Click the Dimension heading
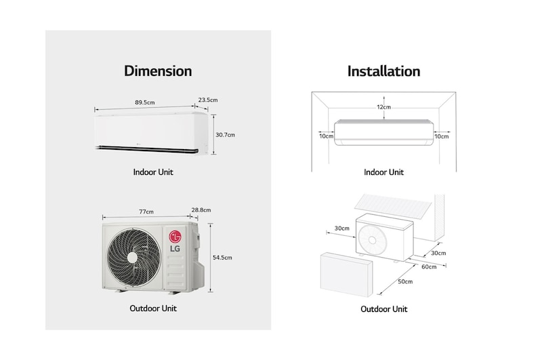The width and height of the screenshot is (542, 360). click(x=158, y=71)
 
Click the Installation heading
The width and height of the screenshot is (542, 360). click(x=383, y=71)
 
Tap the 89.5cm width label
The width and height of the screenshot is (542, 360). click(x=145, y=102)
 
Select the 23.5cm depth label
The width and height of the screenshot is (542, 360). click(x=208, y=100)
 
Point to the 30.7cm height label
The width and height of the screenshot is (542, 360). click(x=224, y=135)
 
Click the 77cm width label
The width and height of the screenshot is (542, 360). click(x=146, y=212)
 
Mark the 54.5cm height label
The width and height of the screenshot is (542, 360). click(x=222, y=258)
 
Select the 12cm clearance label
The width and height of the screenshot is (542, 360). click(x=383, y=107)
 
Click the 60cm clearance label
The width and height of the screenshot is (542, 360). click(x=430, y=267)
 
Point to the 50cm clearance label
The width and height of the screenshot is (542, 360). click(x=406, y=281)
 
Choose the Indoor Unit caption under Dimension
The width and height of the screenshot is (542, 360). click(x=153, y=172)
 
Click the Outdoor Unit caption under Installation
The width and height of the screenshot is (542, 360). click(x=383, y=309)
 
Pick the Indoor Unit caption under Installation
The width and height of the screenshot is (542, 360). click(x=383, y=172)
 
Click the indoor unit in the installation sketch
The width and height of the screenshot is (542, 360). click(x=383, y=130)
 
